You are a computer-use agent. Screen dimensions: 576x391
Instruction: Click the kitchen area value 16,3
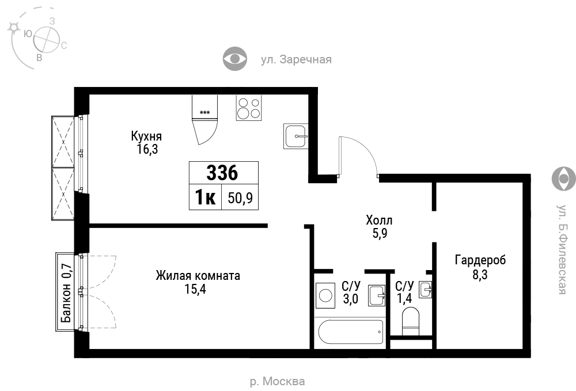click(147, 149)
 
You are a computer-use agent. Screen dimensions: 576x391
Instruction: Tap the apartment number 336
click(222, 173)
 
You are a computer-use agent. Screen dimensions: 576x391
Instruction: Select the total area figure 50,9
click(240, 198)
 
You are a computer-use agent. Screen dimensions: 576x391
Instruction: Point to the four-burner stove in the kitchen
click(249, 108)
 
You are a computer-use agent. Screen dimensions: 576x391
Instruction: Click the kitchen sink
click(295, 136)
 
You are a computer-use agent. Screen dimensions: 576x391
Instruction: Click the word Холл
click(379, 221)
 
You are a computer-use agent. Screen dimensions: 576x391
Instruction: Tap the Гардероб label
click(480, 260)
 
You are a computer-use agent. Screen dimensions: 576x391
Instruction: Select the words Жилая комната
click(198, 275)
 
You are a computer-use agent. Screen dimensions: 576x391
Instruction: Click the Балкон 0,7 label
click(66, 293)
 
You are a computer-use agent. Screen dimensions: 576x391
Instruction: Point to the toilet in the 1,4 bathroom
click(411, 322)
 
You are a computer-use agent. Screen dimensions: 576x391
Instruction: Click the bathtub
click(350, 332)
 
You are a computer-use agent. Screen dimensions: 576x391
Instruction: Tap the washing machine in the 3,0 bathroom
click(325, 295)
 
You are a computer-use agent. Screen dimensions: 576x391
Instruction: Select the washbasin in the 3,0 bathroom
click(377, 295)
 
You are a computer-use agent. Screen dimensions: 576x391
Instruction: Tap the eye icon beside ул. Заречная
click(235, 58)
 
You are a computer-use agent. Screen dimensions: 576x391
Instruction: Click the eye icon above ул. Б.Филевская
click(564, 179)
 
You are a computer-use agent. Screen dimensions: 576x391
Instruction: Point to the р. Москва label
click(278, 381)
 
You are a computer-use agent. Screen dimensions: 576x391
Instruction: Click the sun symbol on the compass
click(14, 28)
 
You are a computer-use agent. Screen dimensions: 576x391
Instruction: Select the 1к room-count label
click(206, 198)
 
